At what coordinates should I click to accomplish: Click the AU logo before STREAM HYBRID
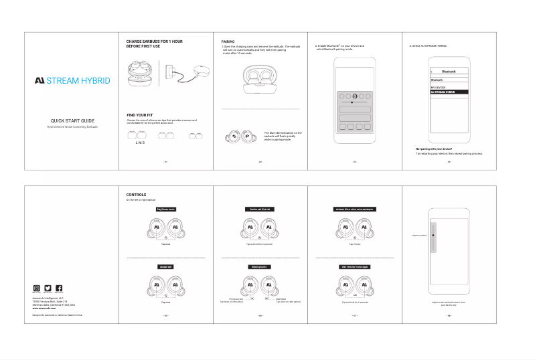tap(40, 81)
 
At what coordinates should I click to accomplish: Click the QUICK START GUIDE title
tap(72, 120)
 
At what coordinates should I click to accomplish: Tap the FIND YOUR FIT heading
tap(141, 115)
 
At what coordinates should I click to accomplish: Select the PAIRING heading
tap(228, 41)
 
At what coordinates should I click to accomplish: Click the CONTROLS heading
tap(137, 195)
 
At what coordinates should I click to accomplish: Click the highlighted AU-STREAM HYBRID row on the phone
tap(448, 92)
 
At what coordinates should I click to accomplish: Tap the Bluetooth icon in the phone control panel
tap(355, 96)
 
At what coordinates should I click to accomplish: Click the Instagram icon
tap(37, 288)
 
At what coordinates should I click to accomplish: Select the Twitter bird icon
tap(48, 288)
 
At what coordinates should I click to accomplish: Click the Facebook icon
tap(59, 288)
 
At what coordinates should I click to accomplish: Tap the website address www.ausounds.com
tap(44, 308)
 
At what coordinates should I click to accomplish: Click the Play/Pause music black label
tap(165, 209)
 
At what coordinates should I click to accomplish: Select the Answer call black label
tap(165, 266)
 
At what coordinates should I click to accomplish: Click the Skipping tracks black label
tap(259, 266)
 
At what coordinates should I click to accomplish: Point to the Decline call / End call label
tap(259, 209)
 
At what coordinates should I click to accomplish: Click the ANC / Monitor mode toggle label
tap(354, 266)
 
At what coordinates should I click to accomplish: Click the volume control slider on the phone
tap(433, 236)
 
